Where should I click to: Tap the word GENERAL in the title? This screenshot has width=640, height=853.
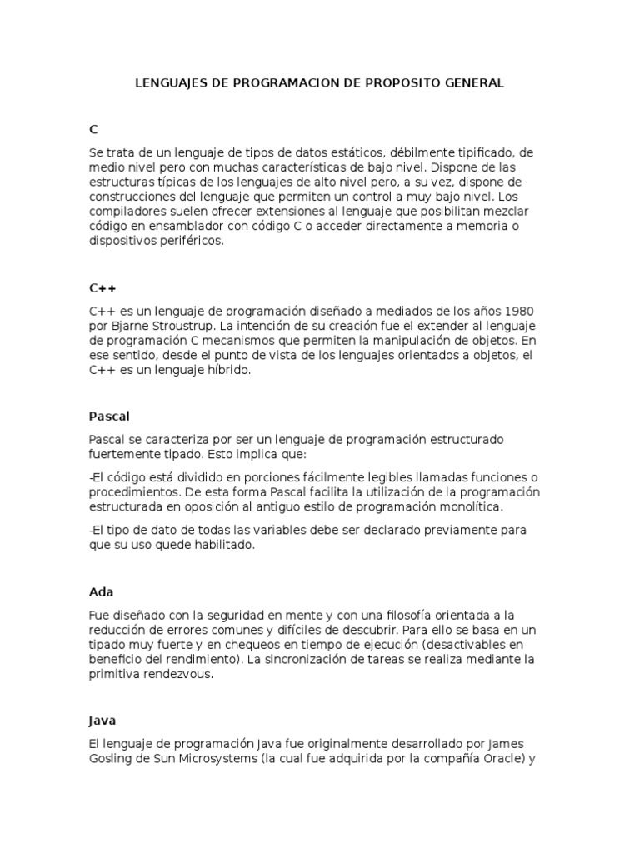pos(474,83)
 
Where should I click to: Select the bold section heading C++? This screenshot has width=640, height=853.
pos(102,288)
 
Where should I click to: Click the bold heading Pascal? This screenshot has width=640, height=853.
pos(109,416)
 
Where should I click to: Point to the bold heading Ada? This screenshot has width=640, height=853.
pos(101,592)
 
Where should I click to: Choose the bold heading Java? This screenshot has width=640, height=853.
pos(102,720)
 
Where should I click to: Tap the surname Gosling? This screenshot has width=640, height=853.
pos(112,759)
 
